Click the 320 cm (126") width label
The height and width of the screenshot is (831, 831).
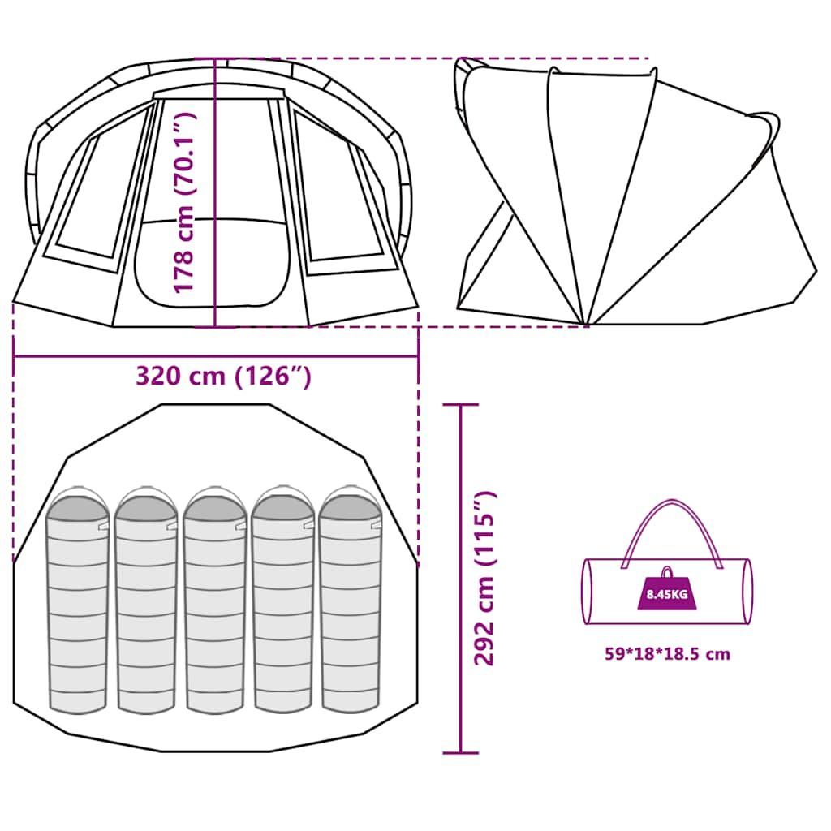(x=223, y=377)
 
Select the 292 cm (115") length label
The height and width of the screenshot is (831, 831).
(x=484, y=578)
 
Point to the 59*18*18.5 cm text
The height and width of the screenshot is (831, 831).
(x=667, y=653)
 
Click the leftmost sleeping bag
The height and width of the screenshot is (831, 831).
(x=77, y=601)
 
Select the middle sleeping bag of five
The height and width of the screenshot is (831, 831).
(x=214, y=601)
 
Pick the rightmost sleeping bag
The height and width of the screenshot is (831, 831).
(x=351, y=600)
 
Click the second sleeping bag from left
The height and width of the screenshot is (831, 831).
(x=146, y=601)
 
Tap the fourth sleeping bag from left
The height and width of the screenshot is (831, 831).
(x=283, y=600)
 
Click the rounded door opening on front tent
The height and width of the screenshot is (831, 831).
(x=213, y=262)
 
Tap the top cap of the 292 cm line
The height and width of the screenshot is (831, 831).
(x=461, y=404)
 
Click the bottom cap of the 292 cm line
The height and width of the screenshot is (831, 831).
(x=461, y=752)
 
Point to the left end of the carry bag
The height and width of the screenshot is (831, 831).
(x=588, y=591)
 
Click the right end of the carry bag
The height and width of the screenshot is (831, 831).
(x=747, y=591)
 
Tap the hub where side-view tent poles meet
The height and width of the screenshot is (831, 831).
(x=587, y=324)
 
